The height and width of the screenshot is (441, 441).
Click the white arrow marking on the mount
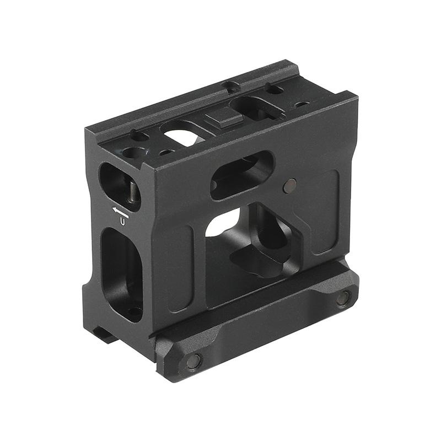coord(120,210)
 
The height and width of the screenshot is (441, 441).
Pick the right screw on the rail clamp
coord(343,298)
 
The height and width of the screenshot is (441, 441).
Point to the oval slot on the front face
coord(243,175)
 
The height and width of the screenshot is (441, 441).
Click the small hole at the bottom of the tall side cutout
coord(133,311)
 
